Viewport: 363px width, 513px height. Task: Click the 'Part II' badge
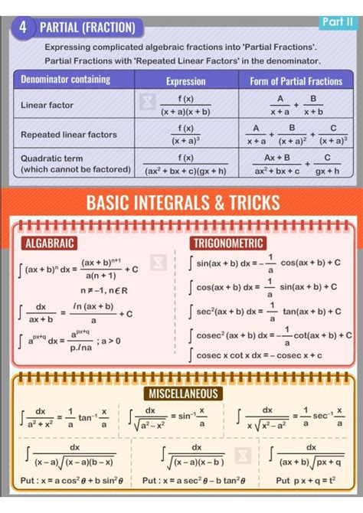point(338,22)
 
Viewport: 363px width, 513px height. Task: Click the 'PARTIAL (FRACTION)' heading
point(87,28)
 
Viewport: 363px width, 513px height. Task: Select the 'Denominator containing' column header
point(65,80)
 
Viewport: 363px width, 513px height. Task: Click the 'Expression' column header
point(186,80)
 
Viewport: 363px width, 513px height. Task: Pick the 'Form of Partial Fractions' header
point(296,80)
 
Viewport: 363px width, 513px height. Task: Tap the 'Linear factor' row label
point(47,105)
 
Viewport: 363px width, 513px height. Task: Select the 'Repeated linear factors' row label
point(69,135)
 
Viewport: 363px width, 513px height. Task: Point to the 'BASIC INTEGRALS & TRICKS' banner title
point(183,202)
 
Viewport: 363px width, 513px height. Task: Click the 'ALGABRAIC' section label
point(50,243)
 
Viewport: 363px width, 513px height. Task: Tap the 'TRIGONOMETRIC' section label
point(228,243)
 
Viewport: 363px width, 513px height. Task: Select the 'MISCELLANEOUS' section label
point(183,394)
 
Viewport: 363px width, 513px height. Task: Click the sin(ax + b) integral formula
point(268,263)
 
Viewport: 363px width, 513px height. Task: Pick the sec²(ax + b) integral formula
point(268,312)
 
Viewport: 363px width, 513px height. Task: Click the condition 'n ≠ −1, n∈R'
point(103,290)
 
